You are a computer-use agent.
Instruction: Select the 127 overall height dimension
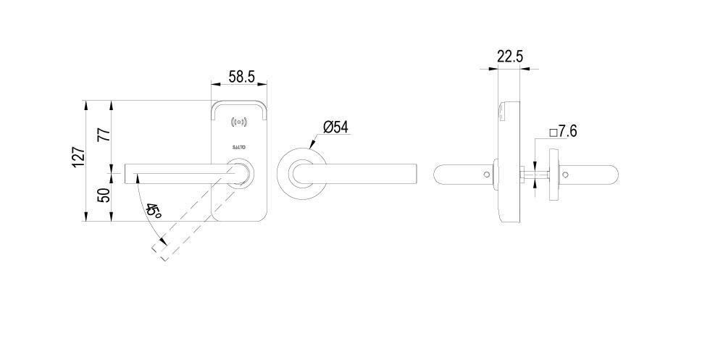[x=78, y=156]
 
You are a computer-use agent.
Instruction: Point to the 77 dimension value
[x=104, y=135]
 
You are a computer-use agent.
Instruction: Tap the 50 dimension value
[x=104, y=196]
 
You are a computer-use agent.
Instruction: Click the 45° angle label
[x=153, y=212]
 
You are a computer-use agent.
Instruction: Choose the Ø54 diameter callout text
[x=335, y=127]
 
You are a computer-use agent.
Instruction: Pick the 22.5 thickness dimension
[x=510, y=56]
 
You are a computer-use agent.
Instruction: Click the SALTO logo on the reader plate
[x=239, y=146]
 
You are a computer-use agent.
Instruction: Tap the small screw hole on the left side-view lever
[x=486, y=174]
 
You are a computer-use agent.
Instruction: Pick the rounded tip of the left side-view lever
[x=435, y=174]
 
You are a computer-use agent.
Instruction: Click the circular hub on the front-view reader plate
[x=242, y=174]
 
